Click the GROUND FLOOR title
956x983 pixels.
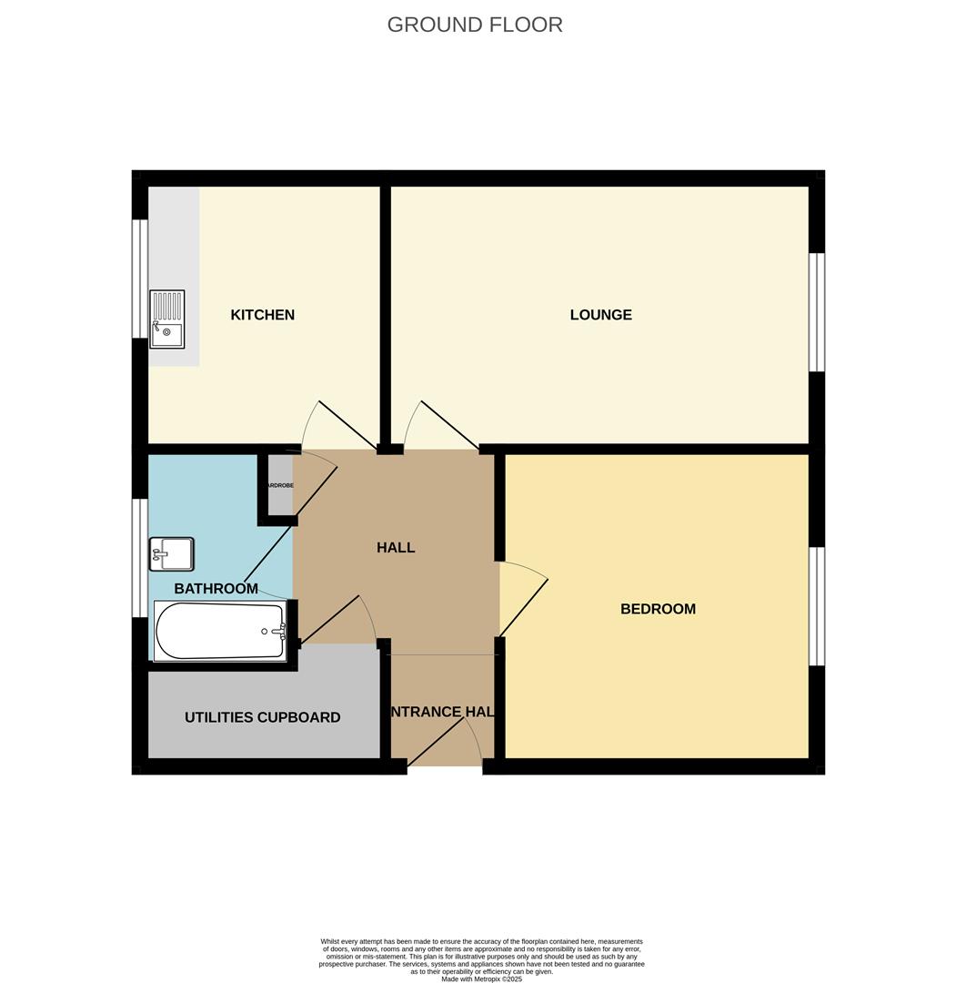pyautogui.click(x=475, y=25)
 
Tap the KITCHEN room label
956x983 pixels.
pyautogui.click(x=262, y=315)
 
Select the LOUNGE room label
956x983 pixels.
pyautogui.click(x=600, y=315)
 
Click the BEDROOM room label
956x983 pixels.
pyautogui.click(x=658, y=609)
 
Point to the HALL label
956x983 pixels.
pyautogui.click(x=396, y=547)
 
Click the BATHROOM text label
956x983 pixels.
pyautogui.click(x=216, y=588)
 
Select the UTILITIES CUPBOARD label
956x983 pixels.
pyautogui.click(x=262, y=717)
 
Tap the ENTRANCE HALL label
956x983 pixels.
pyautogui.click(x=442, y=712)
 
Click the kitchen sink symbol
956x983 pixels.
pyautogui.click(x=166, y=319)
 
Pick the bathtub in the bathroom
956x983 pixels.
pyautogui.click(x=220, y=631)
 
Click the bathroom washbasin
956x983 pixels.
pyautogui.click(x=171, y=553)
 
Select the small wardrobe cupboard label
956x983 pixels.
pyautogui.click(x=279, y=486)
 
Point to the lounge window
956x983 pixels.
pyautogui.click(x=817, y=312)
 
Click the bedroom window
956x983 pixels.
pyautogui.click(x=817, y=606)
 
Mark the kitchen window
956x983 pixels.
pyautogui.click(x=139, y=279)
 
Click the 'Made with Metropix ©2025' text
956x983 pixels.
pyautogui.click(x=481, y=979)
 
